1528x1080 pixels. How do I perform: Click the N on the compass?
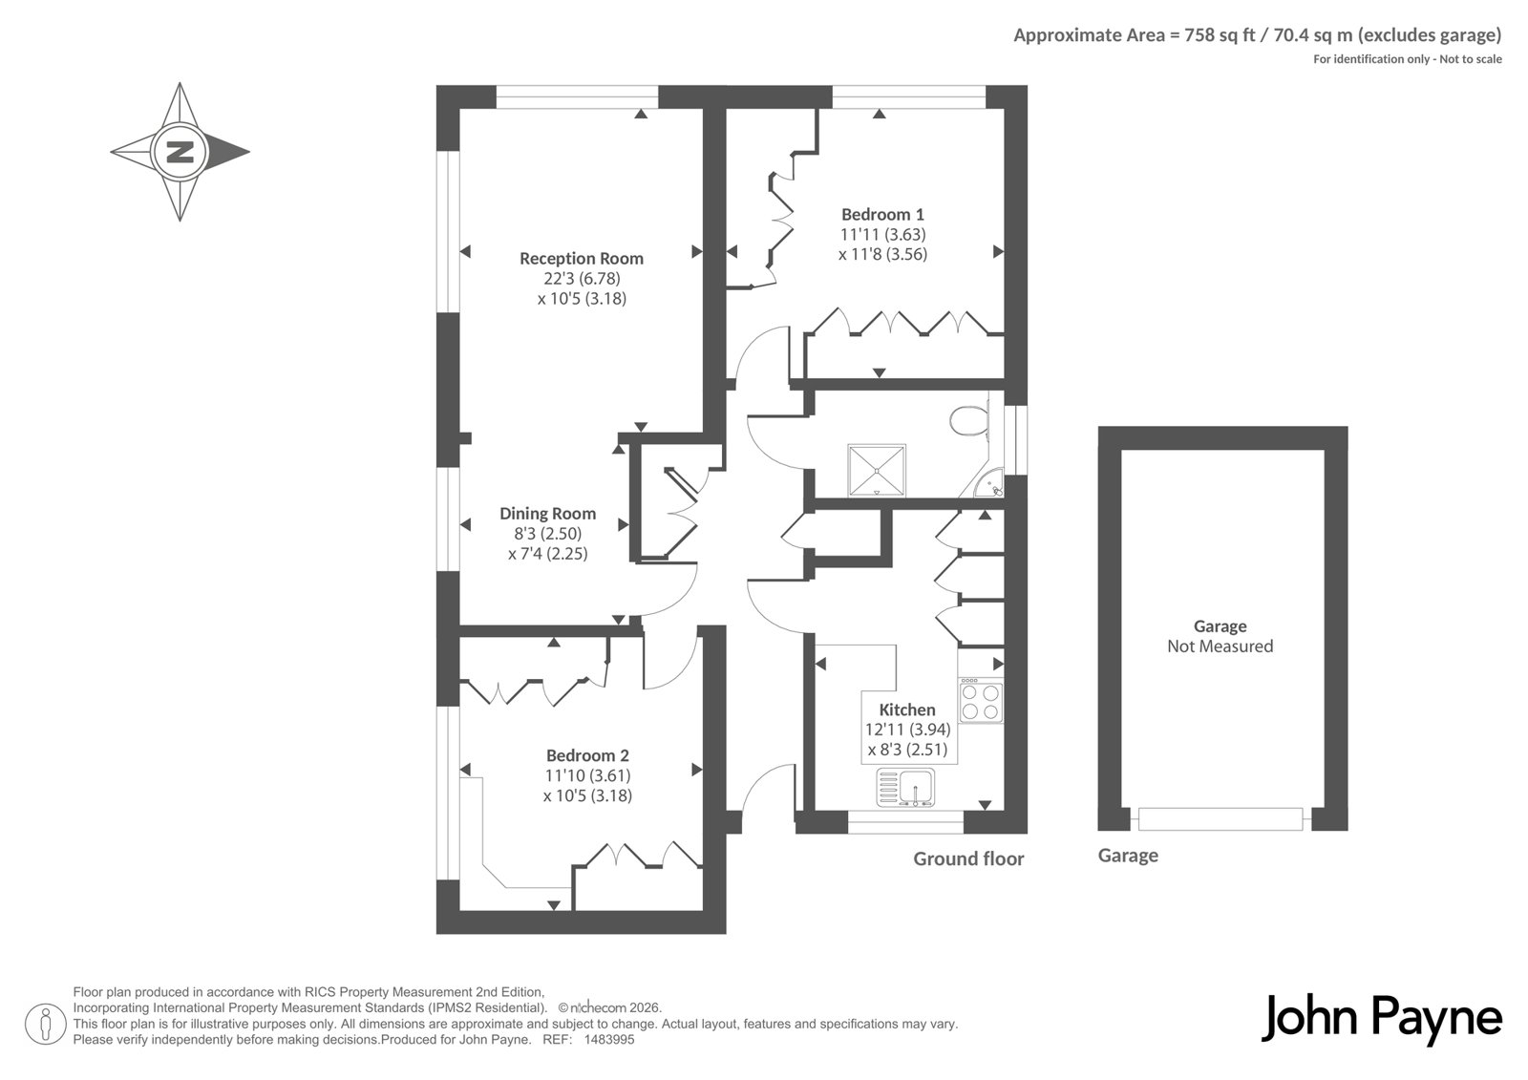[x=180, y=152]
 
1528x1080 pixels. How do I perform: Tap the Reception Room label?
[x=582, y=259]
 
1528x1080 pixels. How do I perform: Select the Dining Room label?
[x=548, y=514]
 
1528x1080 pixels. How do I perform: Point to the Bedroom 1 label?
[x=882, y=215]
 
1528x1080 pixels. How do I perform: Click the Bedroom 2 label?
[x=587, y=756]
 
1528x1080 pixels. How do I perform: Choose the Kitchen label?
[x=907, y=709]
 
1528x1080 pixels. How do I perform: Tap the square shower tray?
[x=877, y=471]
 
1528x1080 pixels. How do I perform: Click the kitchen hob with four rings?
[x=981, y=700]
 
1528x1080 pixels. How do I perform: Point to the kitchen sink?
[x=906, y=787]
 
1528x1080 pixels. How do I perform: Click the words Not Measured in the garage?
[x=1220, y=646]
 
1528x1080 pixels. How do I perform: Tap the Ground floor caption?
[x=968, y=859]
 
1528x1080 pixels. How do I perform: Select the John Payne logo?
[x=1381, y=1019]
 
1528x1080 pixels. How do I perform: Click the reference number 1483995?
[x=609, y=1040]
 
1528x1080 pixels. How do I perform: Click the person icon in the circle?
[x=45, y=1024]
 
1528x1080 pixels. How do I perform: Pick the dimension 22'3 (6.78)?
[x=582, y=279]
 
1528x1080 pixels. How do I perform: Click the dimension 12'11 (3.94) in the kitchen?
[x=907, y=730]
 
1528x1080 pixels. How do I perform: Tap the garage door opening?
[x=1220, y=818]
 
